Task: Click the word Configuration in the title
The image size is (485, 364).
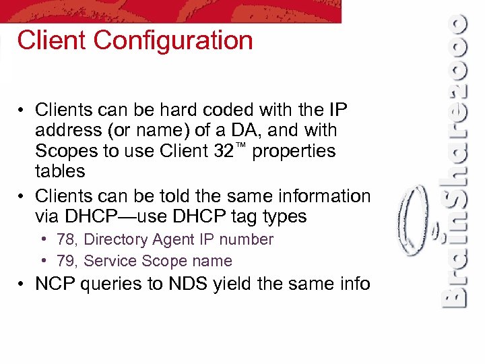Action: tap(173, 41)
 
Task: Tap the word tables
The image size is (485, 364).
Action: tap(60, 171)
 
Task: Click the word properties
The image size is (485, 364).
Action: tap(293, 150)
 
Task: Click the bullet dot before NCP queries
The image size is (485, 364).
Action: tap(22, 284)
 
